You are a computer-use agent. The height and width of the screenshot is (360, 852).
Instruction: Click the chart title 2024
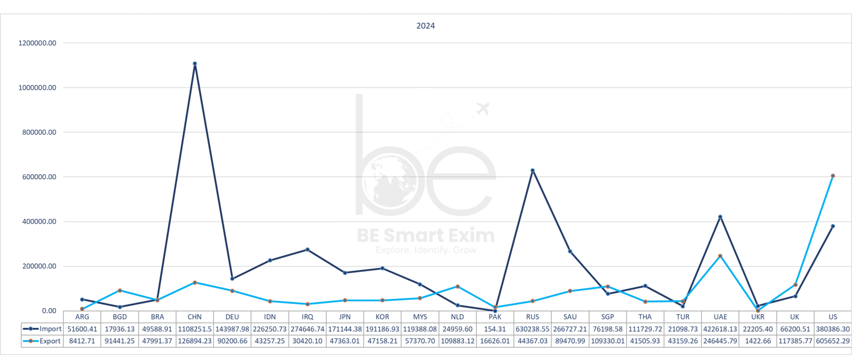pos(425,26)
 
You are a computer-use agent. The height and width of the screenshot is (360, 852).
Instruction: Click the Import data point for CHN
pos(195,64)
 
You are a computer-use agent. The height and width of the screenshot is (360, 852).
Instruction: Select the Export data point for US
pos(833,176)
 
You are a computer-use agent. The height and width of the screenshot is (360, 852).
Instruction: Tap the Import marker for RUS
pos(532,170)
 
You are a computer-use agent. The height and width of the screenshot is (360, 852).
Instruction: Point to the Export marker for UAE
pos(720,256)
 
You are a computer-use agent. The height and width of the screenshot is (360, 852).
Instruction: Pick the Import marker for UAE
pos(720,217)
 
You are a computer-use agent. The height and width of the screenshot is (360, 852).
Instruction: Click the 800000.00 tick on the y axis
pos(39,132)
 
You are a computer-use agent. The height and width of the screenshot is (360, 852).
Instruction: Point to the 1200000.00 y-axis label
pos(37,43)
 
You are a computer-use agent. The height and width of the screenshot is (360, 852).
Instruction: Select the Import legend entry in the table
pos(42,329)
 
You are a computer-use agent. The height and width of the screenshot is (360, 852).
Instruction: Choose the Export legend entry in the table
pos(42,341)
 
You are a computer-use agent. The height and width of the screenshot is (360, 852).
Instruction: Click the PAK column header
pos(495,317)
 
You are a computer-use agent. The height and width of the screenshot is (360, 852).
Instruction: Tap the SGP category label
pos(607,317)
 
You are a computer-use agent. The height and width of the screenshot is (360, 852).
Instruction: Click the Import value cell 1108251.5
pos(195,329)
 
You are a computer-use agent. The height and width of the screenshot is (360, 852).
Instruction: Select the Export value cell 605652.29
pos(833,341)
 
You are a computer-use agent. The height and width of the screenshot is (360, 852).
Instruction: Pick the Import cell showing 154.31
pos(495,329)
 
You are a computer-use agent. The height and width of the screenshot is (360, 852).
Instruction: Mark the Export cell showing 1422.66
pos(758,341)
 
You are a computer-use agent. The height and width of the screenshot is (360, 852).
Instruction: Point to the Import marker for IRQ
pos(308,250)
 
